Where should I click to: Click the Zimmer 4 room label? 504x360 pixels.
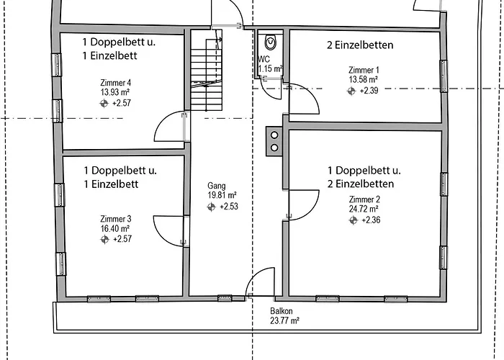115,83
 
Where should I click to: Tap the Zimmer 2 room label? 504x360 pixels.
364,199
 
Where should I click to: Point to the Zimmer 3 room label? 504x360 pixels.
115,218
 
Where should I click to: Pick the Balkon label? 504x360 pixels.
281,312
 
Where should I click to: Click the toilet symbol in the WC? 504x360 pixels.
270,41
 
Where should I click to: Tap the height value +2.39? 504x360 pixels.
369,91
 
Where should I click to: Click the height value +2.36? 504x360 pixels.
372,220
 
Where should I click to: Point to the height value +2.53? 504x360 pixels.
228,207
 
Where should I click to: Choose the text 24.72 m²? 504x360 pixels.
365,210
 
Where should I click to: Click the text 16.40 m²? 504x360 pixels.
115,228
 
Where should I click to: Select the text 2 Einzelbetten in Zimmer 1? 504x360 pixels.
359,45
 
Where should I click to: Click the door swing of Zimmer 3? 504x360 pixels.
169,229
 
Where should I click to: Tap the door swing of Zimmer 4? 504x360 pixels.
171,127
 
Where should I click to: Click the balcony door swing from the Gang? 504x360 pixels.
261,282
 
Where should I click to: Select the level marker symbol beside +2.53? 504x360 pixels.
212,207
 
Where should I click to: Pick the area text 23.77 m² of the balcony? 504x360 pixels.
285,322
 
